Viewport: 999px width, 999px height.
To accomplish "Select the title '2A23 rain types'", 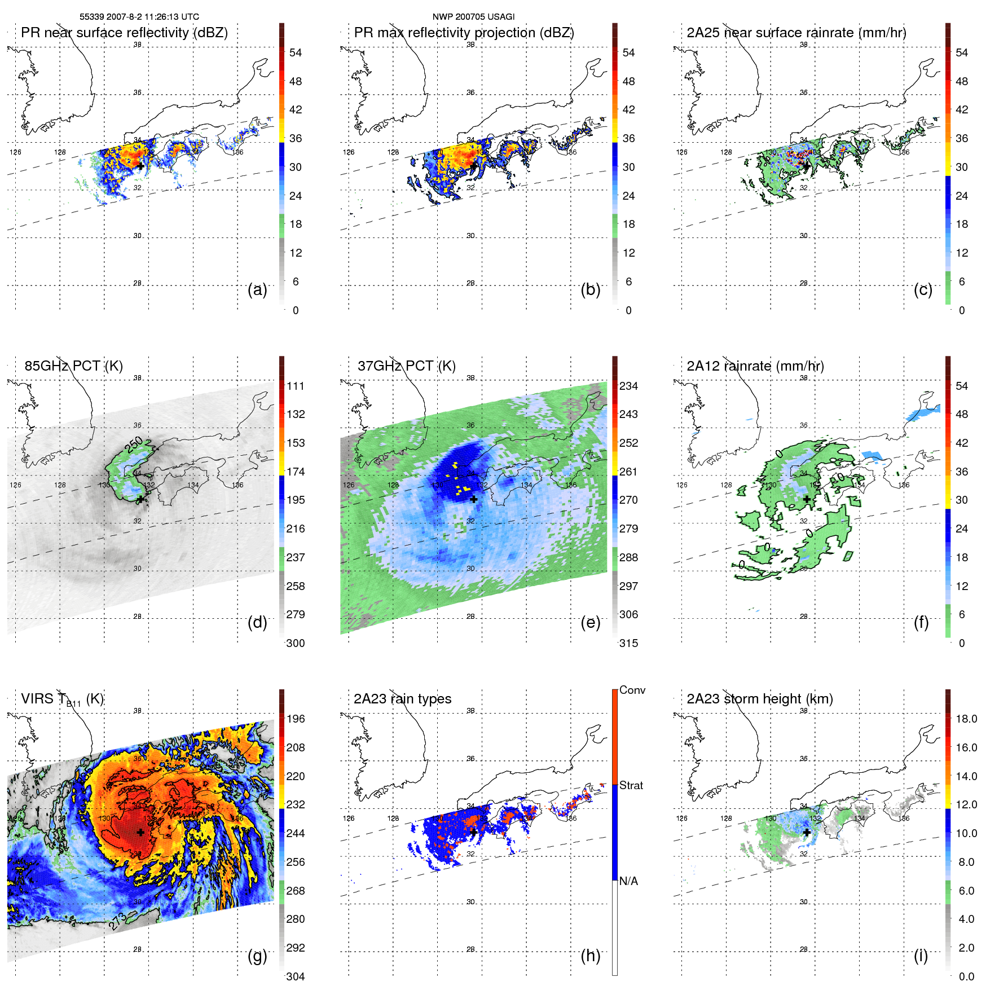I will tap(402, 699).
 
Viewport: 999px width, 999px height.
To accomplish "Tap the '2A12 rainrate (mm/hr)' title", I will tap(755, 366).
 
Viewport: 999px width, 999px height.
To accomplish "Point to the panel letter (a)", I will tap(257, 289).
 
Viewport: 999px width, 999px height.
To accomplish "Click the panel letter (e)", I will tap(590, 622).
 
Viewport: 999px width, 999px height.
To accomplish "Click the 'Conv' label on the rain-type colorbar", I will tap(632, 690).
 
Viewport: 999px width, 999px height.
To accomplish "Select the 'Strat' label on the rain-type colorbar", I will tap(631, 785).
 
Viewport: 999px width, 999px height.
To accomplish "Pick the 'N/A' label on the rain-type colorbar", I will tap(628, 881).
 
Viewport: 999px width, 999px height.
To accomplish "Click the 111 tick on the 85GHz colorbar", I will tap(296, 386).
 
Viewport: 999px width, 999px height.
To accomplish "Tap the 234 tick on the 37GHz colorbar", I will tap(628, 386).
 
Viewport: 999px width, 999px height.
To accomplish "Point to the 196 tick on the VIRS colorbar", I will tap(296, 719).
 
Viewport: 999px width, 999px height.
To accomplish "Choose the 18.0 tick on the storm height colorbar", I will tap(966, 719).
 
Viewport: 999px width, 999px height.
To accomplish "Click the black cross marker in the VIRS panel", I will tap(140, 832).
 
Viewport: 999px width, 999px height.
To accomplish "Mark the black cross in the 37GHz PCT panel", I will tap(474, 499).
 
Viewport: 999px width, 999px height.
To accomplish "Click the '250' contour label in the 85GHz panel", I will tap(135, 445).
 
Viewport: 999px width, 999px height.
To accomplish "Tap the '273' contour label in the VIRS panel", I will tap(118, 921).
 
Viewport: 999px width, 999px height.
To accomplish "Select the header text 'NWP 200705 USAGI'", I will tap(473, 17).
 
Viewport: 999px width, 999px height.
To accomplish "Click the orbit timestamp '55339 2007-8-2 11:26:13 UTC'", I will tap(139, 17).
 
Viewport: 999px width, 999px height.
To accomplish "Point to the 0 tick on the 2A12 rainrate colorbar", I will tap(962, 643).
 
